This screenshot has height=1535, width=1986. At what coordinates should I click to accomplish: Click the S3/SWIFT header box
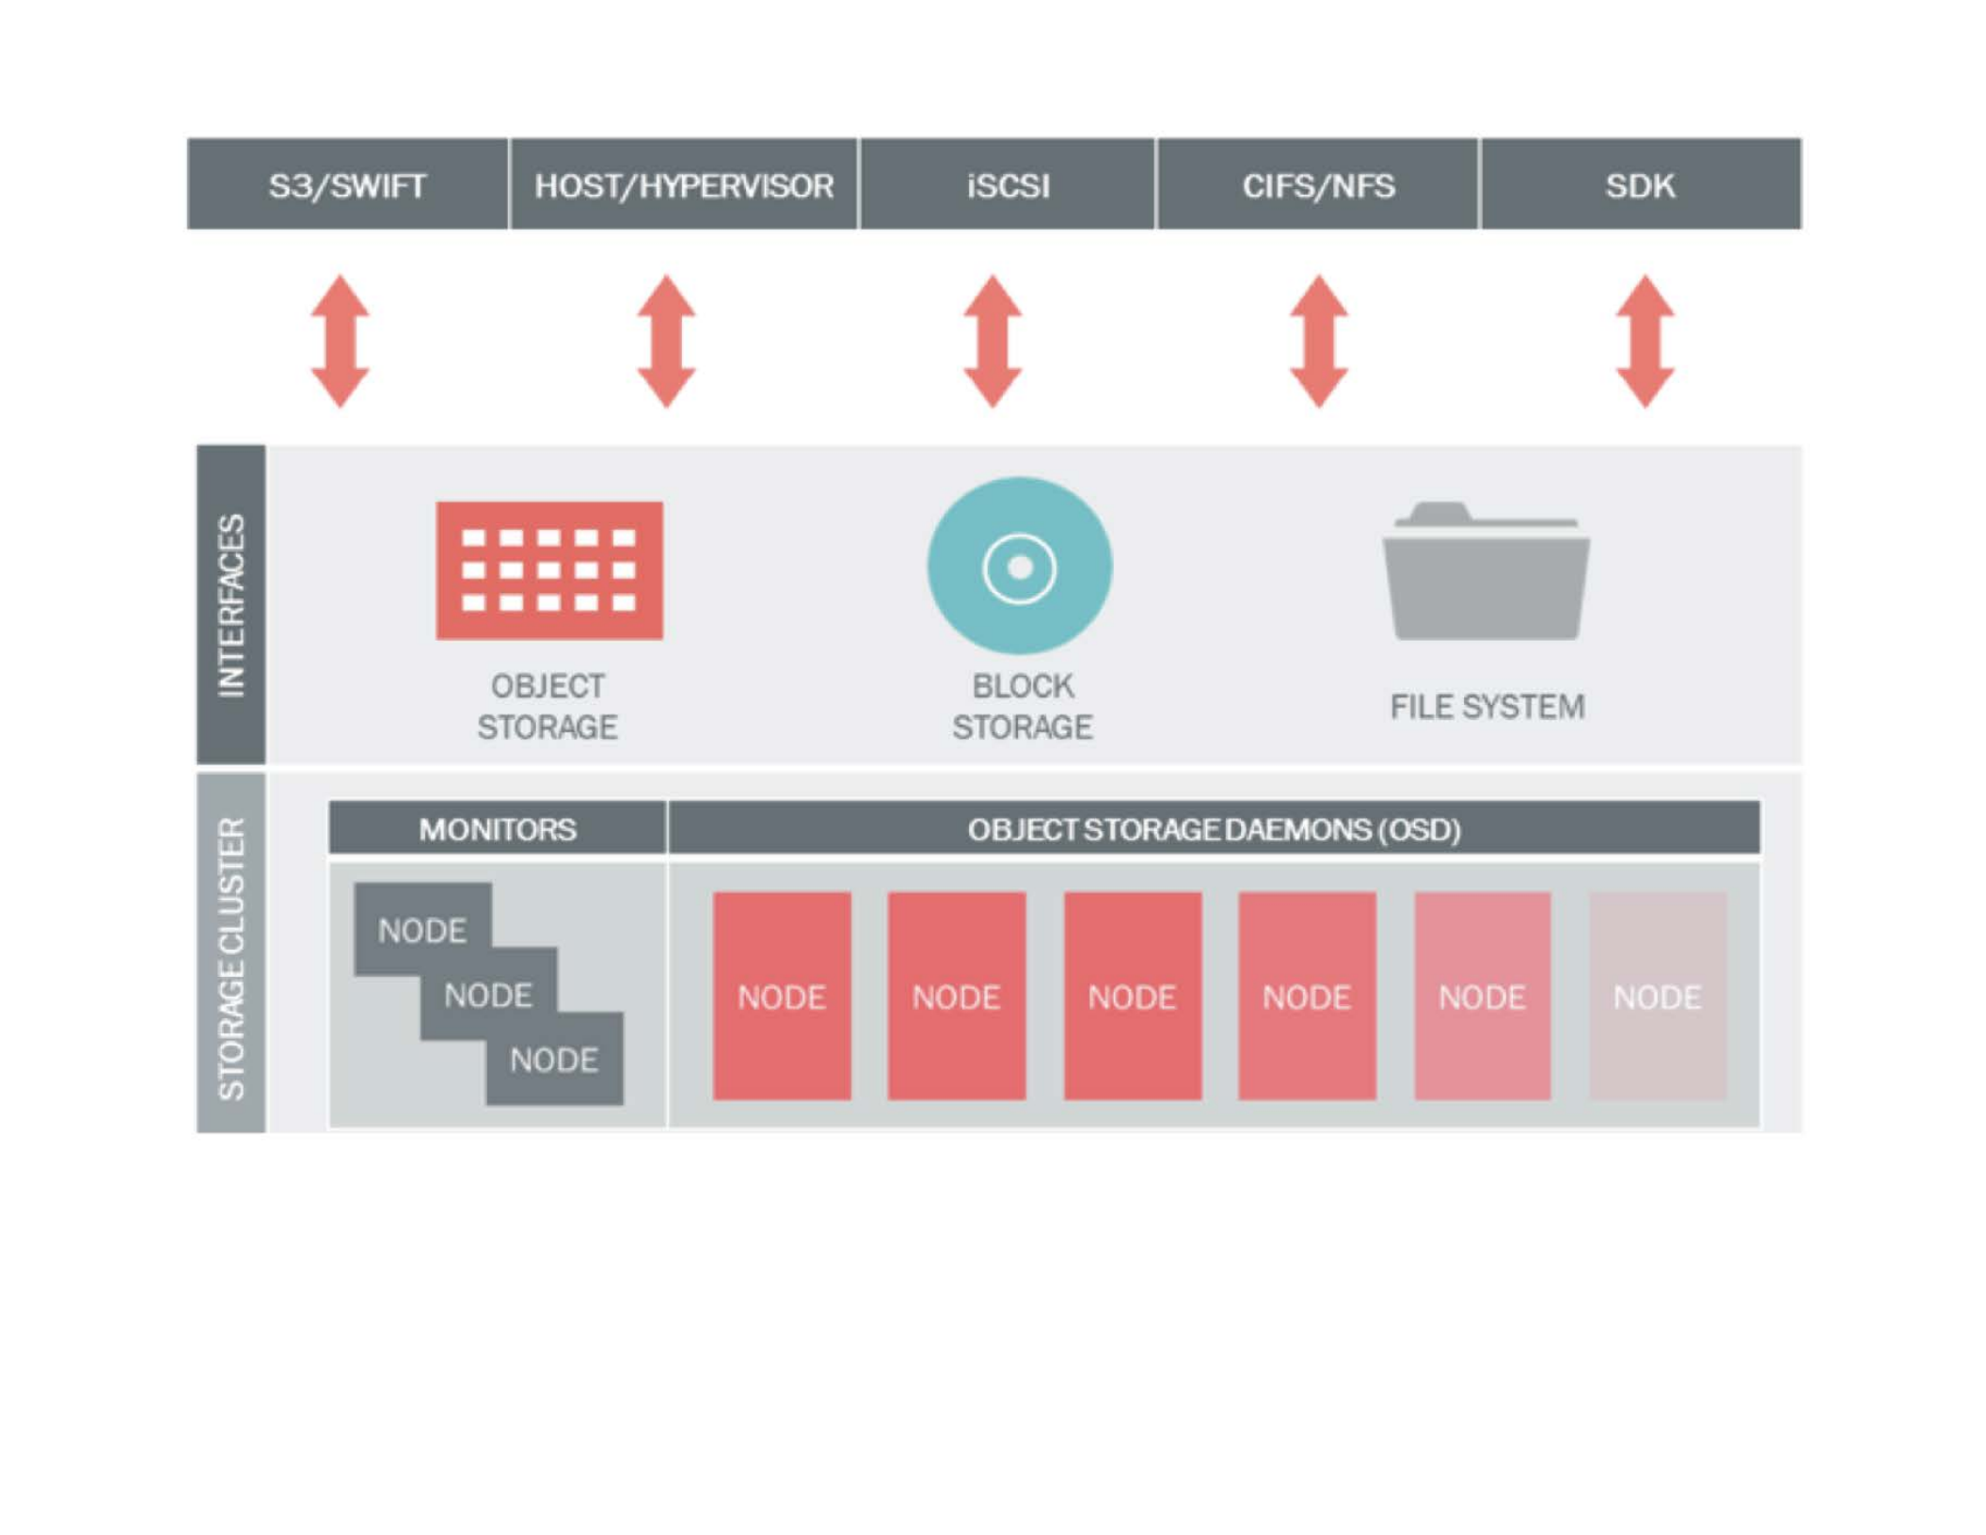(347, 184)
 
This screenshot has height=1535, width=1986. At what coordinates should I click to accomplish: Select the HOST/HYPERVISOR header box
(683, 184)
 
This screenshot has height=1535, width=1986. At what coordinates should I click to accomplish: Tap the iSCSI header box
(1007, 184)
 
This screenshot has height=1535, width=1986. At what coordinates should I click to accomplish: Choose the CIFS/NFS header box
(1317, 184)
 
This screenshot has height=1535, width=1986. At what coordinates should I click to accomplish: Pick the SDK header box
(1640, 184)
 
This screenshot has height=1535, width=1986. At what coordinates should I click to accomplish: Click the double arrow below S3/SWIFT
(340, 341)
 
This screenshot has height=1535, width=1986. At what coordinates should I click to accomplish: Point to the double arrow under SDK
(1644, 341)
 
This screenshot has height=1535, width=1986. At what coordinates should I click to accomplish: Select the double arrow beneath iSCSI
(993, 341)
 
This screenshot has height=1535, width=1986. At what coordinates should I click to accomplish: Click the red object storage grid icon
(549, 570)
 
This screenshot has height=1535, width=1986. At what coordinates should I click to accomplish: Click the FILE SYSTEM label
(1486, 707)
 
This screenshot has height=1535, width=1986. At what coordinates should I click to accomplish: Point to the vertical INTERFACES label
(231, 605)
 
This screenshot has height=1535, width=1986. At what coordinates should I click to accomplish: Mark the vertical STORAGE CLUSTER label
(231, 957)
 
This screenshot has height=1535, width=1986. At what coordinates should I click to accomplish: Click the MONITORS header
(497, 829)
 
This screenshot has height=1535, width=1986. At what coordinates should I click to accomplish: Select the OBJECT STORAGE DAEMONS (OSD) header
(1214, 829)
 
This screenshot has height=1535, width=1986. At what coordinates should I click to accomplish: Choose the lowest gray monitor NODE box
(554, 1061)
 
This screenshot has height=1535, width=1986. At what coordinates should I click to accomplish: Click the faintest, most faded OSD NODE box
(1657, 996)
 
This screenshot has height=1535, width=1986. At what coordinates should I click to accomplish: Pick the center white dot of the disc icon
(1020, 568)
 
